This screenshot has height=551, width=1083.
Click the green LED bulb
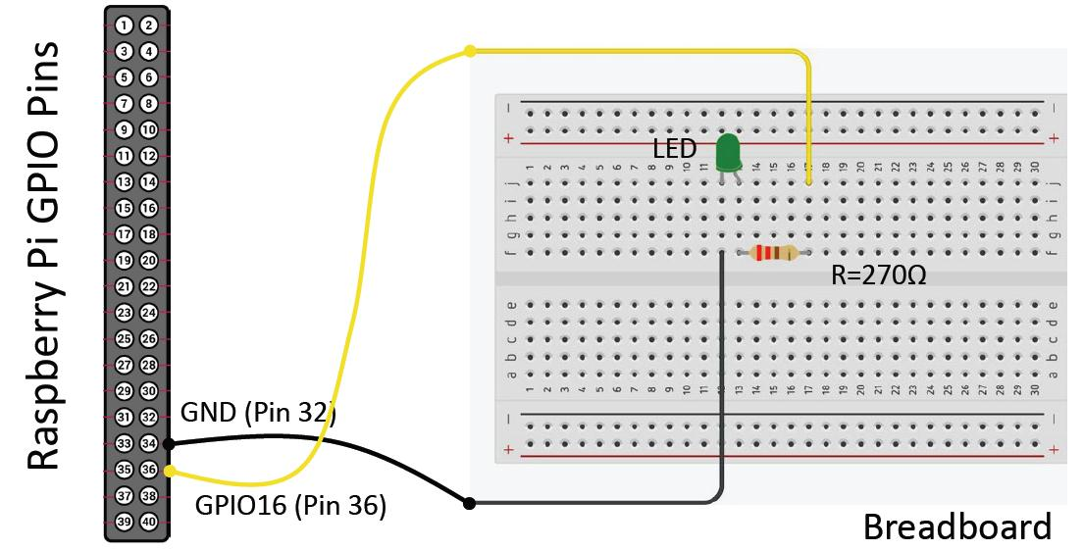click(x=728, y=154)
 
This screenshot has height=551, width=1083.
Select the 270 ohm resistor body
click(x=773, y=253)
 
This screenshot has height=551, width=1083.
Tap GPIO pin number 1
click(x=124, y=25)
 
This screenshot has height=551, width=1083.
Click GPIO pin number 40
click(x=149, y=523)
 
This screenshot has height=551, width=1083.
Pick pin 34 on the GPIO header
click(x=149, y=444)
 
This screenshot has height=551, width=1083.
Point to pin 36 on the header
click(x=149, y=471)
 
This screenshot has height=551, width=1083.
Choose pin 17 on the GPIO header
click(x=124, y=234)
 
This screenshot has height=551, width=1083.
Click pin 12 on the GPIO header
click(x=149, y=156)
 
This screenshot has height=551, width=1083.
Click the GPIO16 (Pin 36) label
click(x=290, y=506)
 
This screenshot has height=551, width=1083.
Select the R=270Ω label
click(x=879, y=276)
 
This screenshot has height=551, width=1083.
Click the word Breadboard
click(x=956, y=527)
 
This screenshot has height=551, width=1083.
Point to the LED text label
click(x=675, y=150)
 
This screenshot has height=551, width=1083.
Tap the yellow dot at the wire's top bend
click(x=470, y=50)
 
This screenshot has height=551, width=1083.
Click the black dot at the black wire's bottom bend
click(x=470, y=503)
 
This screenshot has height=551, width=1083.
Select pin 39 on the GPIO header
click(x=124, y=523)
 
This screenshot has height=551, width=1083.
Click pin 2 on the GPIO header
click(x=149, y=25)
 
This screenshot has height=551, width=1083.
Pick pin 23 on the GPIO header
click(x=124, y=313)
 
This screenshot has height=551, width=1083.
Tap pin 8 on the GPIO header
click(x=149, y=104)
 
